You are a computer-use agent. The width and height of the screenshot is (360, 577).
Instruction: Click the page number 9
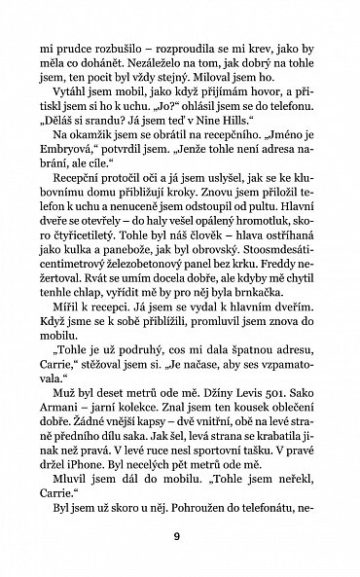pos(180,534)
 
